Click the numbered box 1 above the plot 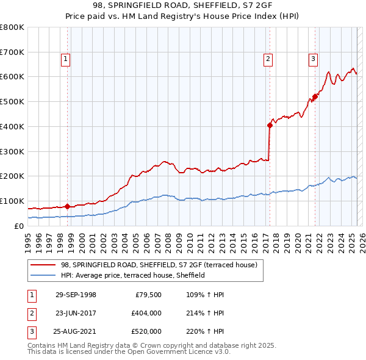(65, 59)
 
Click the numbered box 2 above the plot (267, 59)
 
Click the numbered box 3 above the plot (312, 59)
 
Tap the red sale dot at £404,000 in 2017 (270, 125)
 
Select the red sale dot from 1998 (68, 206)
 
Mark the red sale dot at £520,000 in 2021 (315, 96)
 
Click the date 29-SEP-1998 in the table (76, 295)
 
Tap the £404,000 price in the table (146, 313)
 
